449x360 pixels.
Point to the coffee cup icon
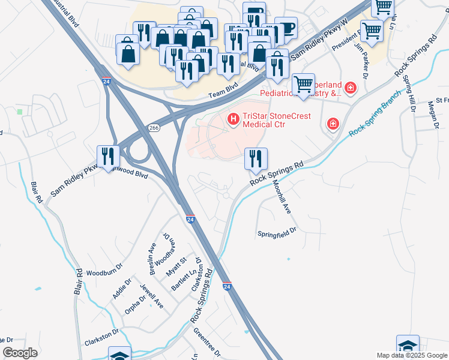(286, 28)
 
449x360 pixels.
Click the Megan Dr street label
(433, 114)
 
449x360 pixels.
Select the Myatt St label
(178, 266)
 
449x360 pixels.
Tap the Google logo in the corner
(20, 353)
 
